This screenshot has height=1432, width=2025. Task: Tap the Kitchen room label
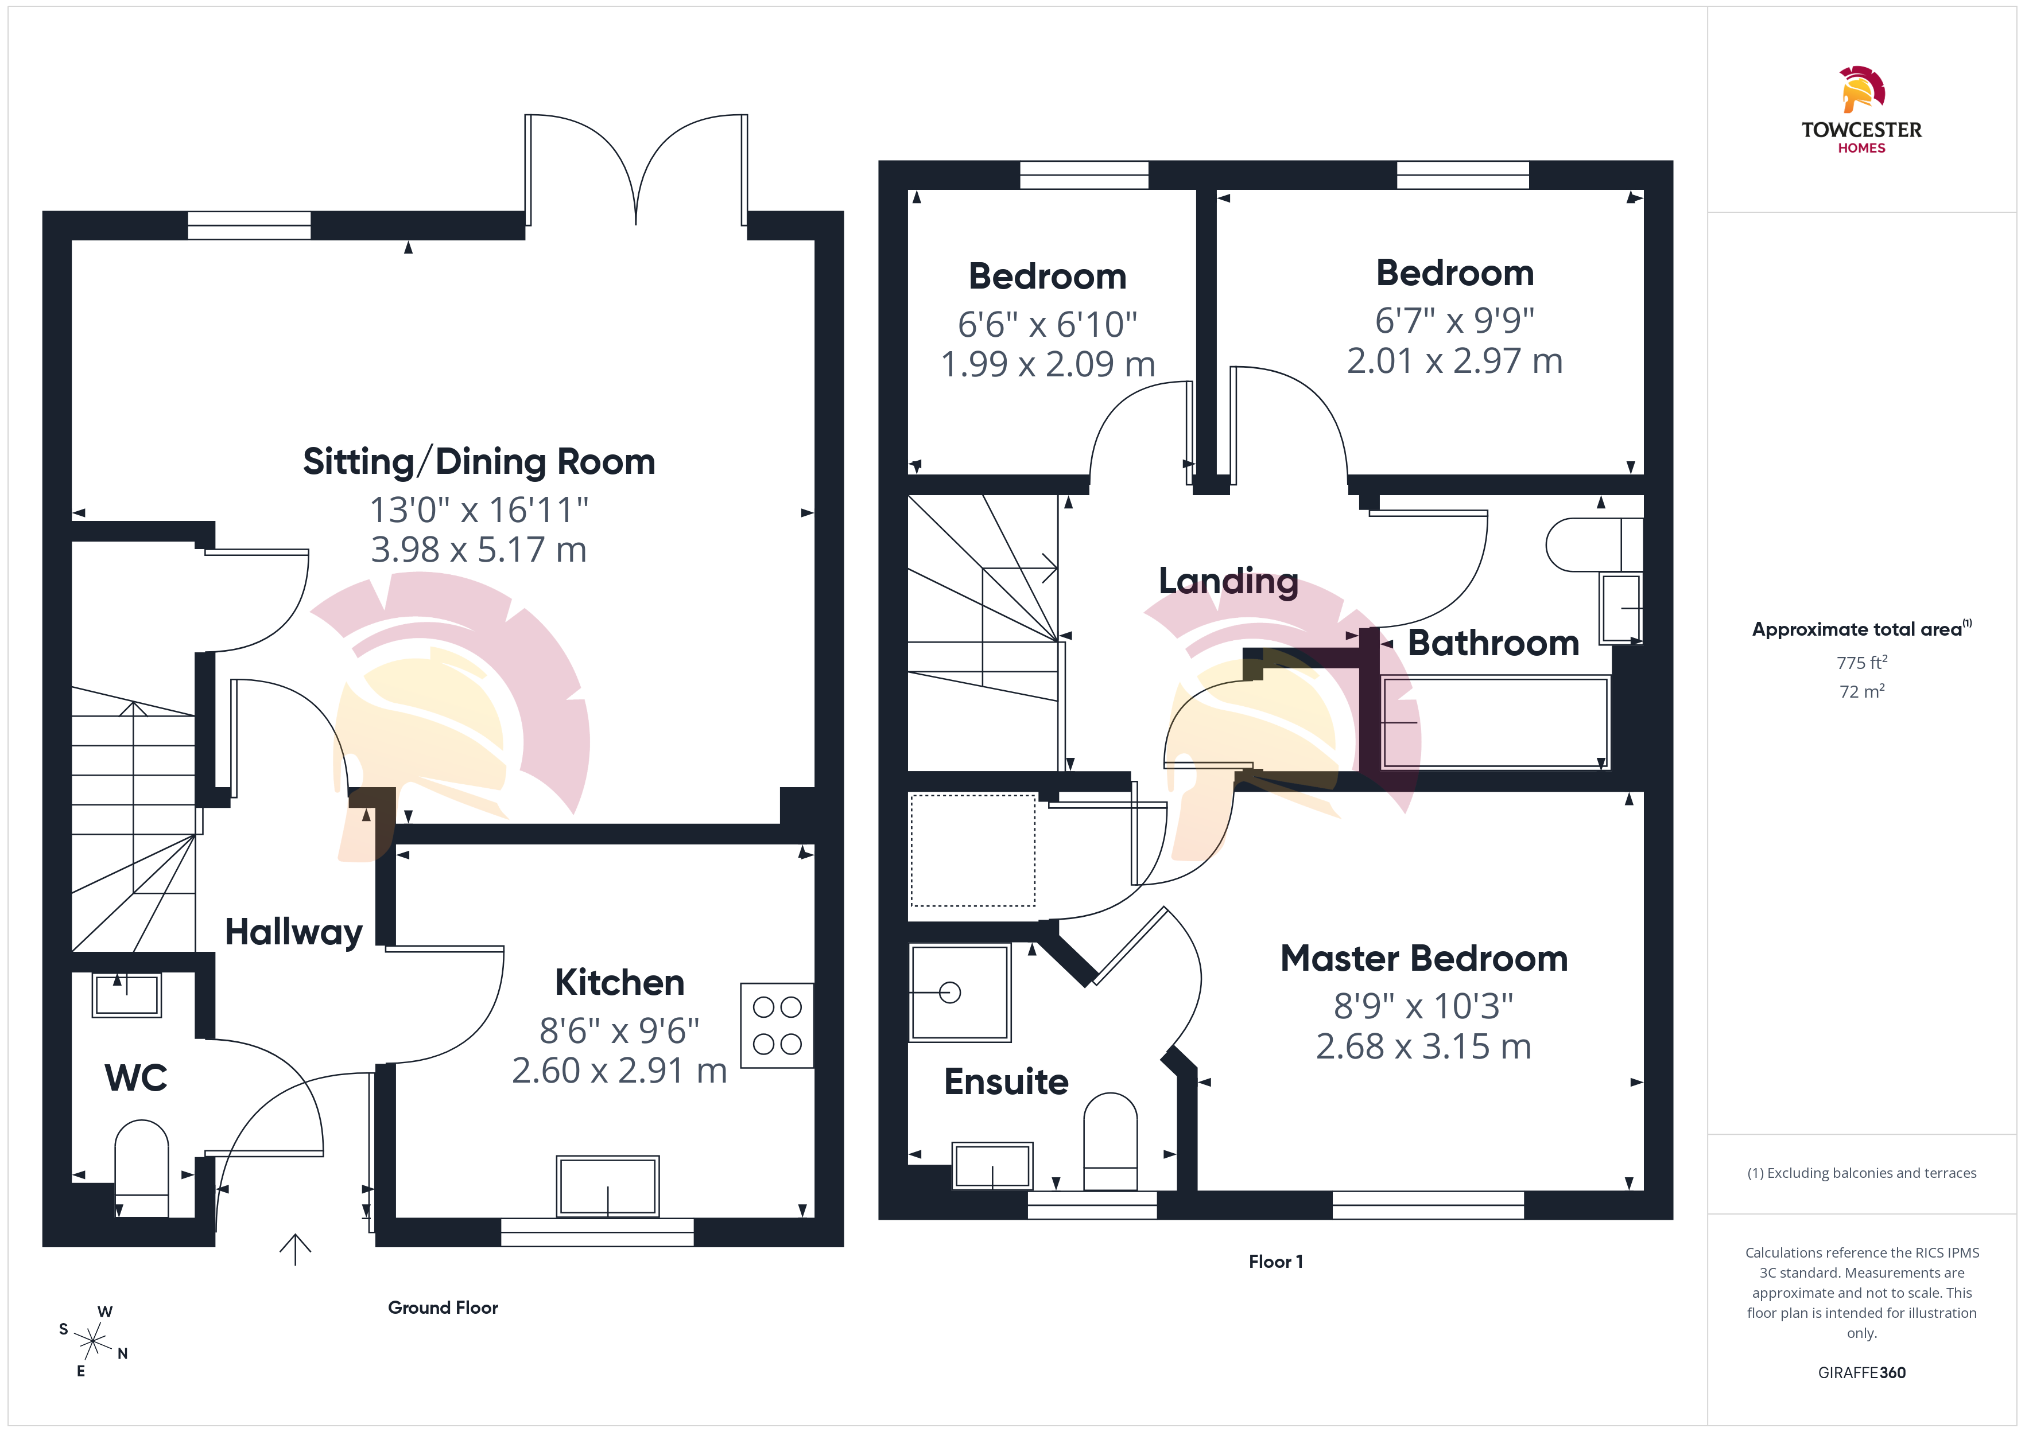tap(619, 982)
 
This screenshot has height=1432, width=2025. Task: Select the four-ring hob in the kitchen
tap(777, 1025)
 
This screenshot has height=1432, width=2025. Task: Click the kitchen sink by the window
tap(608, 1186)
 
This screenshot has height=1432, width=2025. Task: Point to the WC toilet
tap(142, 1168)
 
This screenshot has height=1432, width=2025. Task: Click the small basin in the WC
tap(127, 995)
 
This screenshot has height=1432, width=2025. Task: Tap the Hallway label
tap(294, 933)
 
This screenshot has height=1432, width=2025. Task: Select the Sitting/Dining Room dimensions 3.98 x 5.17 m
tap(479, 550)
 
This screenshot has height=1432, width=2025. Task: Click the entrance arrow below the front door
tap(296, 1248)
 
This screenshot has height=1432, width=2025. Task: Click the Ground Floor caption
tap(443, 1308)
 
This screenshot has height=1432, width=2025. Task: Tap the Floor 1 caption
tap(1275, 1262)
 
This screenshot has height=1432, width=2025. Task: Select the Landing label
tap(1228, 581)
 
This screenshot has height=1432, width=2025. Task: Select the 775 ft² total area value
tap(1862, 662)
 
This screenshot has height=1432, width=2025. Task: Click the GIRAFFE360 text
tap(1862, 1373)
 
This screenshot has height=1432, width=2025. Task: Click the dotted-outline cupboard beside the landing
tap(973, 850)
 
